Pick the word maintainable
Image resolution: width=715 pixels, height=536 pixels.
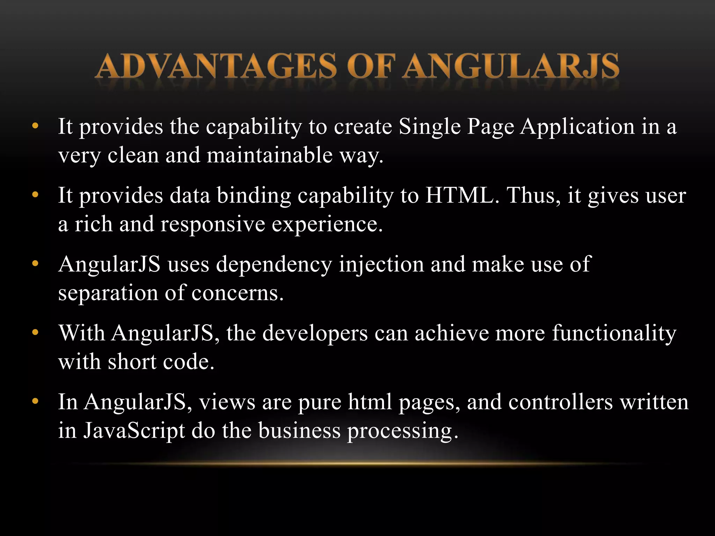click(270, 155)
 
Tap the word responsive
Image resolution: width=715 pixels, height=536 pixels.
click(213, 224)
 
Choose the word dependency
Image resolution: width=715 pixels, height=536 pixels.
click(274, 264)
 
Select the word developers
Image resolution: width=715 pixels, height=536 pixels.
click(315, 333)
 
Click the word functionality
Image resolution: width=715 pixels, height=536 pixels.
click(614, 333)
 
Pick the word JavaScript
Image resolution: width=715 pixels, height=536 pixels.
click(134, 431)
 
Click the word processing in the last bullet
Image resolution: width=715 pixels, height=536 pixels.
click(402, 431)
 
